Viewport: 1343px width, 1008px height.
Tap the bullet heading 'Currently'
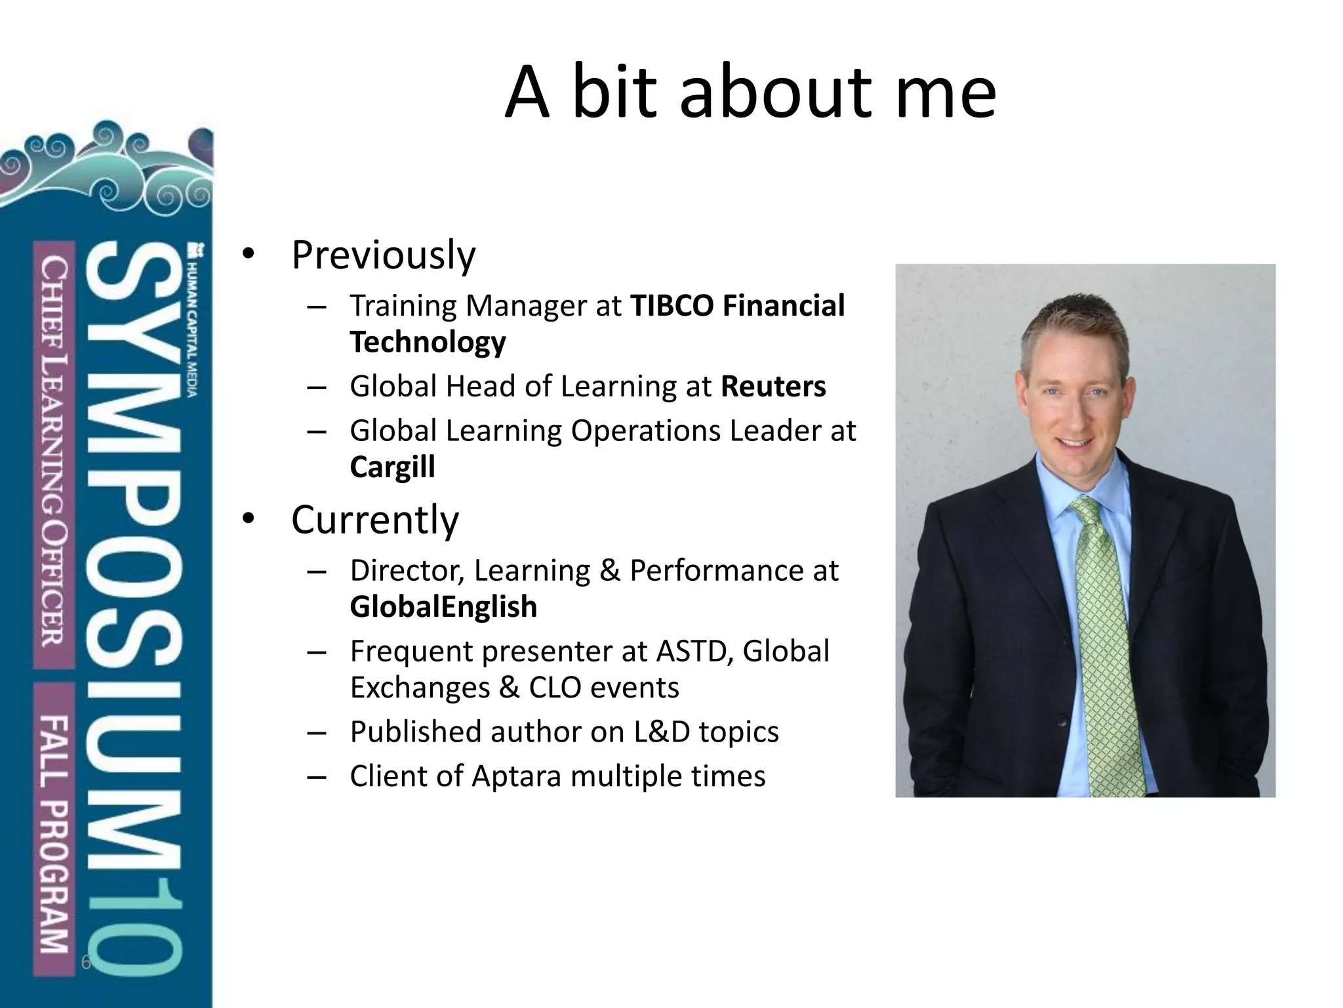[374, 520]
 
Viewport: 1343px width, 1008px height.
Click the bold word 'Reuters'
[773, 387]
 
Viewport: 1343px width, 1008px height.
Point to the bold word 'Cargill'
[392, 467]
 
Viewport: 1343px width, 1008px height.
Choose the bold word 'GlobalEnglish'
[443, 607]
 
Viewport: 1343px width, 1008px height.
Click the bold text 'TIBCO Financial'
[737, 306]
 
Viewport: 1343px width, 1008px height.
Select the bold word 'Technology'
[428, 343]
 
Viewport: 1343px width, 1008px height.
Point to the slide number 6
[85, 963]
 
